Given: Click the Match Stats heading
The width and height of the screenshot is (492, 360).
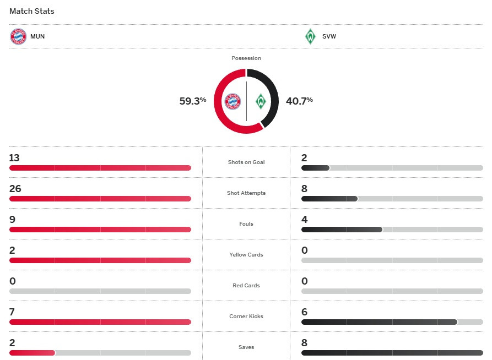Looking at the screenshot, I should (32, 11).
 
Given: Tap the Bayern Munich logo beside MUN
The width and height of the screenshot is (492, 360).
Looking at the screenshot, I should (18, 37).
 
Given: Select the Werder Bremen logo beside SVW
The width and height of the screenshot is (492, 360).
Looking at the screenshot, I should (310, 37).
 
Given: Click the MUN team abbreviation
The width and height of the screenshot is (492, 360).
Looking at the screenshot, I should (38, 37).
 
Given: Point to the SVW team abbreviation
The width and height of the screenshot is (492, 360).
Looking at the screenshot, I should (329, 37).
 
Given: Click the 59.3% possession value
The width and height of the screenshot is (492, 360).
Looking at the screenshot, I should (192, 101).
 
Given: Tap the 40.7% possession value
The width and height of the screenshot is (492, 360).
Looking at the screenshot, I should (299, 101).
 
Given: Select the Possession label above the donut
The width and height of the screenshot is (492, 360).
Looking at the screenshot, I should (246, 58).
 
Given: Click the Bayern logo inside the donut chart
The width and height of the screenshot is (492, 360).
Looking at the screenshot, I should (233, 101).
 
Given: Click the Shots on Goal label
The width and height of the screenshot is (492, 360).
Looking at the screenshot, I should (246, 162).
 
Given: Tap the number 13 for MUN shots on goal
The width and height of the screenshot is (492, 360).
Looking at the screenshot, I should (14, 158).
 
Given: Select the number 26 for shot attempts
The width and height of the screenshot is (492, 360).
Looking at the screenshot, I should (15, 189).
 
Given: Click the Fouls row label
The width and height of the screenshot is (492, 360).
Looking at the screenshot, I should (246, 224).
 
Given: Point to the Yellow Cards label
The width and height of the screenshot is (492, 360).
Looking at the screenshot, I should (246, 255).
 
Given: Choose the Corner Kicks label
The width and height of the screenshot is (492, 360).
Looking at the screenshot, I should (246, 317).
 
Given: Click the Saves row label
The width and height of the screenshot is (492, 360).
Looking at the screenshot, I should (246, 347).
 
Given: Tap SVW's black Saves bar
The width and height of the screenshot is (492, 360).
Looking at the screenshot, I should (392, 353).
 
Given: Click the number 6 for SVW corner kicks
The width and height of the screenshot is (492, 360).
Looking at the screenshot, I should (304, 312).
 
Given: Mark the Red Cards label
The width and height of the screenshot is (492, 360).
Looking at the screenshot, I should (246, 286).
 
